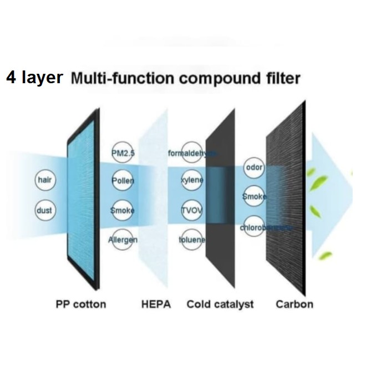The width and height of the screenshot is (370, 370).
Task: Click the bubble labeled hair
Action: (44, 180)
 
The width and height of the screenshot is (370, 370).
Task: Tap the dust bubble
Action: (44, 210)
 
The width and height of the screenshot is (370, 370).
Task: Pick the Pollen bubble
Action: (122, 180)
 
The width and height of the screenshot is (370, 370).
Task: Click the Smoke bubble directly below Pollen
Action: (122, 210)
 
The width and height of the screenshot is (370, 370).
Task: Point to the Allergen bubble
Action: (122, 240)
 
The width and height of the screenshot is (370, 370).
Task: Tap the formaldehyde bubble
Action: (192, 153)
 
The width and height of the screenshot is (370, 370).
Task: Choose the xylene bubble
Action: (192, 180)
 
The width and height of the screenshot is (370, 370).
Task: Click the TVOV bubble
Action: (192, 210)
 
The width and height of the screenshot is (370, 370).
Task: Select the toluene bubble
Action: (192, 240)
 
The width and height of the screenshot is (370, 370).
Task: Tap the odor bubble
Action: (254, 168)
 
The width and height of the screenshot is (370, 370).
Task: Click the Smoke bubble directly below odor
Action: (254, 196)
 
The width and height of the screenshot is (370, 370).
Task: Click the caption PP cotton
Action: (80, 304)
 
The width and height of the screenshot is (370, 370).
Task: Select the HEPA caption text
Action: (156, 304)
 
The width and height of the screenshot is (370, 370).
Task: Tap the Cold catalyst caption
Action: (220, 304)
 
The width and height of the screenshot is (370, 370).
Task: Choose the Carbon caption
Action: (294, 304)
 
